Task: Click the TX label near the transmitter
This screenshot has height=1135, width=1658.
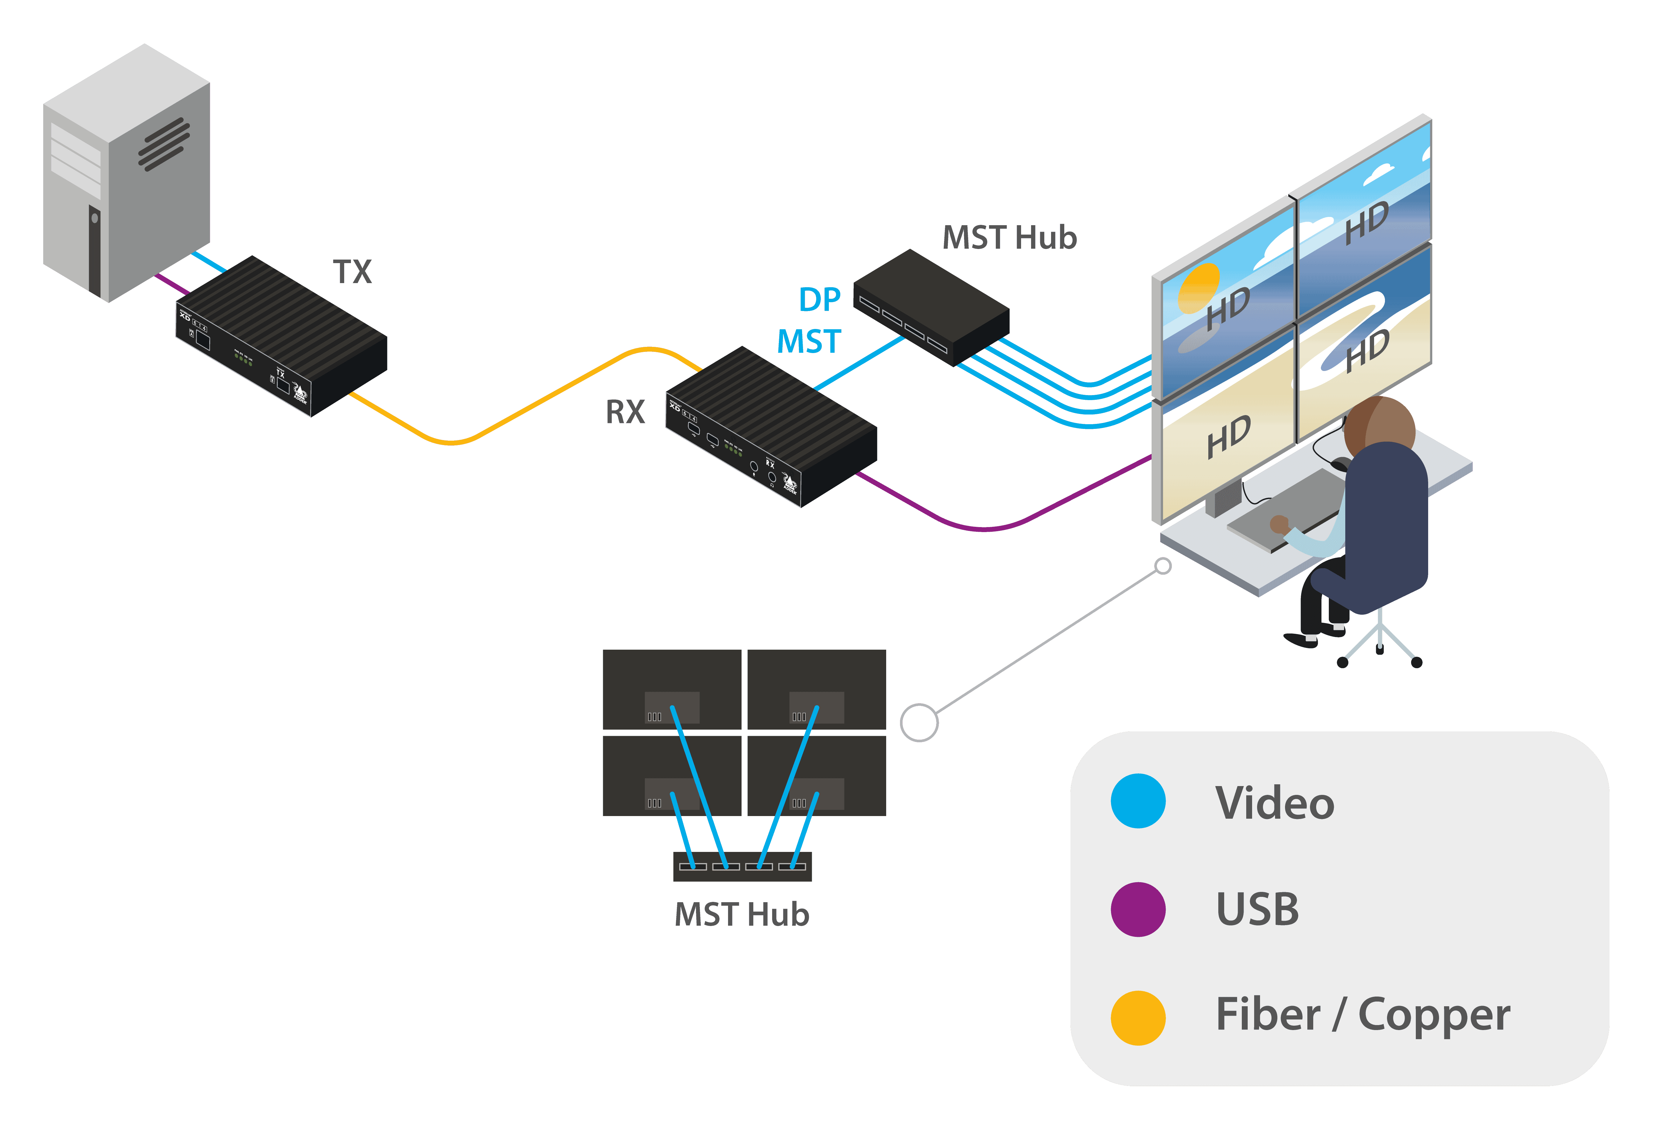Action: (x=352, y=272)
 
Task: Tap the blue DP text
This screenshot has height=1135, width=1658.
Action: (x=820, y=300)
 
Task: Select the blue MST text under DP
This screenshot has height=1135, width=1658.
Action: (x=809, y=342)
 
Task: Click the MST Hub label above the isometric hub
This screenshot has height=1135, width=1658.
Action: (x=1010, y=238)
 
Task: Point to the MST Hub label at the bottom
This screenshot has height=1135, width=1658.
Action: (x=742, y=914)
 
